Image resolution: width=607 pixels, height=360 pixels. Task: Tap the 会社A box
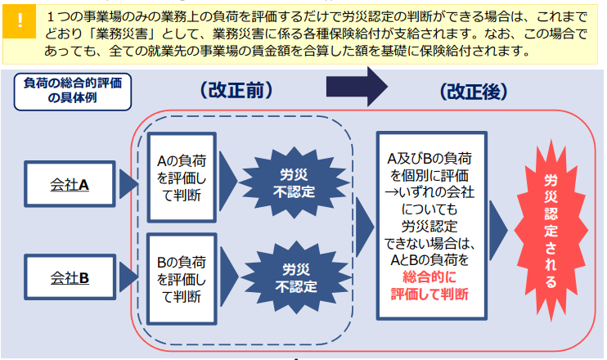[71, 185]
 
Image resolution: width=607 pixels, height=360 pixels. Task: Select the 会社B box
[71, 277]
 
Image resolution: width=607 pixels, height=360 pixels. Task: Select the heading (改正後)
[476, 90]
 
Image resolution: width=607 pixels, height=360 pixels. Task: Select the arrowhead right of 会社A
[128, 185]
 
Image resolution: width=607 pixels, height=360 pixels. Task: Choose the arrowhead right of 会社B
[128, 277]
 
